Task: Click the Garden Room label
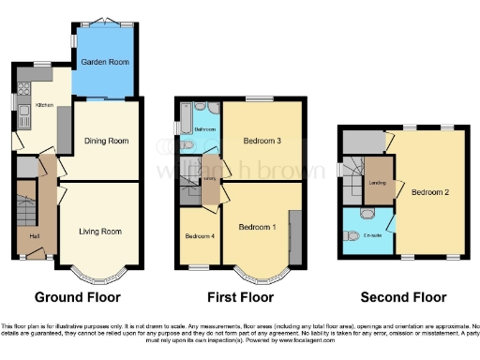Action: pos(103,62)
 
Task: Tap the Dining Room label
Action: pos(106,141)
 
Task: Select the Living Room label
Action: pos(99,231)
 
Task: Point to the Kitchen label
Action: pos(44,105)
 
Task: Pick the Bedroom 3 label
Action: pos(262,141)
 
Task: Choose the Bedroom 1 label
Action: pos(257,227)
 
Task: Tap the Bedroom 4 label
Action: pos(200,235)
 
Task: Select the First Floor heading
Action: pos(240,298)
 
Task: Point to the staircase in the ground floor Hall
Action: pos(25,211)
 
